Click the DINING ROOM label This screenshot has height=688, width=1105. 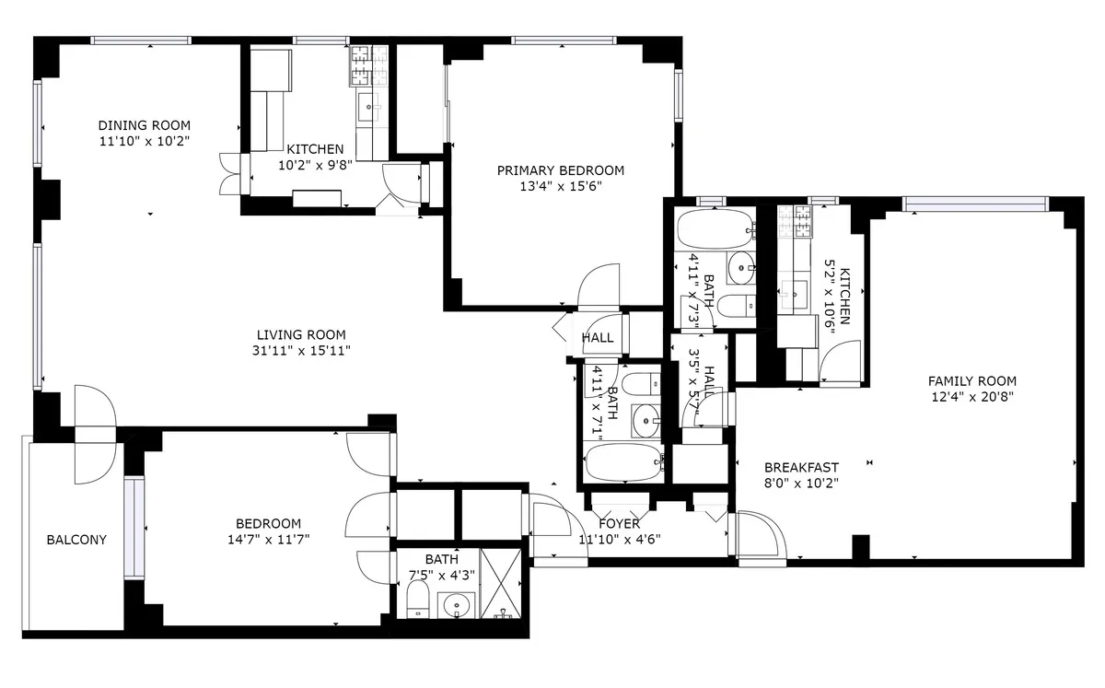coord(145,125)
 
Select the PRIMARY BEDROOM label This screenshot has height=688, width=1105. coord(560,170)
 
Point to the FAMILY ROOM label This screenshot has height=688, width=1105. coord(971,380)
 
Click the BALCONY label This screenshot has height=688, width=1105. coord(76,540)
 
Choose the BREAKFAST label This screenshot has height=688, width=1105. coord(801,467)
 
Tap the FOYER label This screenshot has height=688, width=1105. coord(619,524)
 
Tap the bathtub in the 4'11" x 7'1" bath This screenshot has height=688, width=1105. coord(622,462)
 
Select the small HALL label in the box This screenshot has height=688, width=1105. coord(598,338)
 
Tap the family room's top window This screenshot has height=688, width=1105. coord(974,203)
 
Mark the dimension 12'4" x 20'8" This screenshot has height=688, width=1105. coord(971,397)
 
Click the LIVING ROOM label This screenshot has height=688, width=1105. coord(288,334)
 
